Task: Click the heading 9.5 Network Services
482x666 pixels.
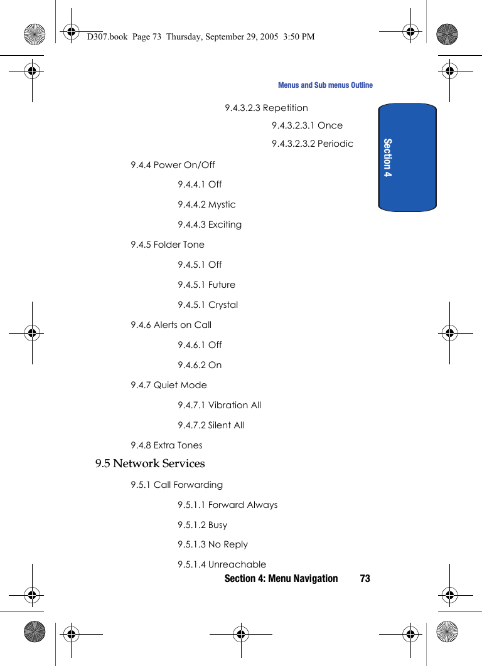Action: [150, 463]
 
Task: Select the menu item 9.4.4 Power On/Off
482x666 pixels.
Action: [173, 165]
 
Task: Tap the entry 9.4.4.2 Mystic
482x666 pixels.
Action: [206, 204]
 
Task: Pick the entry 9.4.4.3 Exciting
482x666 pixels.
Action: [210, 225]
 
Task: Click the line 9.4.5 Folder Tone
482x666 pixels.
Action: [168, 245]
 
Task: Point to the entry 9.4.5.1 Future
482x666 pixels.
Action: [206, 285]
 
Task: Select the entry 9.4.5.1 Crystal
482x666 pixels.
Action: [208, 305]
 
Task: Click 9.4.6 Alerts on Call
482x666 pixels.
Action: [171, 325]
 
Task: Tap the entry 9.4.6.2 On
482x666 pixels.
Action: [200, 365]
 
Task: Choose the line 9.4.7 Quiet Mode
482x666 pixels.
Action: [169, 385]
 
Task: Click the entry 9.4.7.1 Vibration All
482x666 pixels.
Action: [219, 405]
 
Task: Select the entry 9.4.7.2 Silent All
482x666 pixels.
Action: [211, 425]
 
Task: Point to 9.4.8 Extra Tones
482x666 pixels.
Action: [166, 445]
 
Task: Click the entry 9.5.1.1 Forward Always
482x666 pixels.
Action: [227, 505]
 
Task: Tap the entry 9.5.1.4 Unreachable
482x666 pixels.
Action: [222, 564]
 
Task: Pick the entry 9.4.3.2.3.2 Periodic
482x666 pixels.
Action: [313, 144]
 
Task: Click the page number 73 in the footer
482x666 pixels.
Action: [365, 578]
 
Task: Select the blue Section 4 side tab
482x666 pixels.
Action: [407, 157]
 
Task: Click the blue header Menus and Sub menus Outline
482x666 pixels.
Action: [325, 85]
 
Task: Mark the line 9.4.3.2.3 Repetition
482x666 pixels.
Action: [267, 108]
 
